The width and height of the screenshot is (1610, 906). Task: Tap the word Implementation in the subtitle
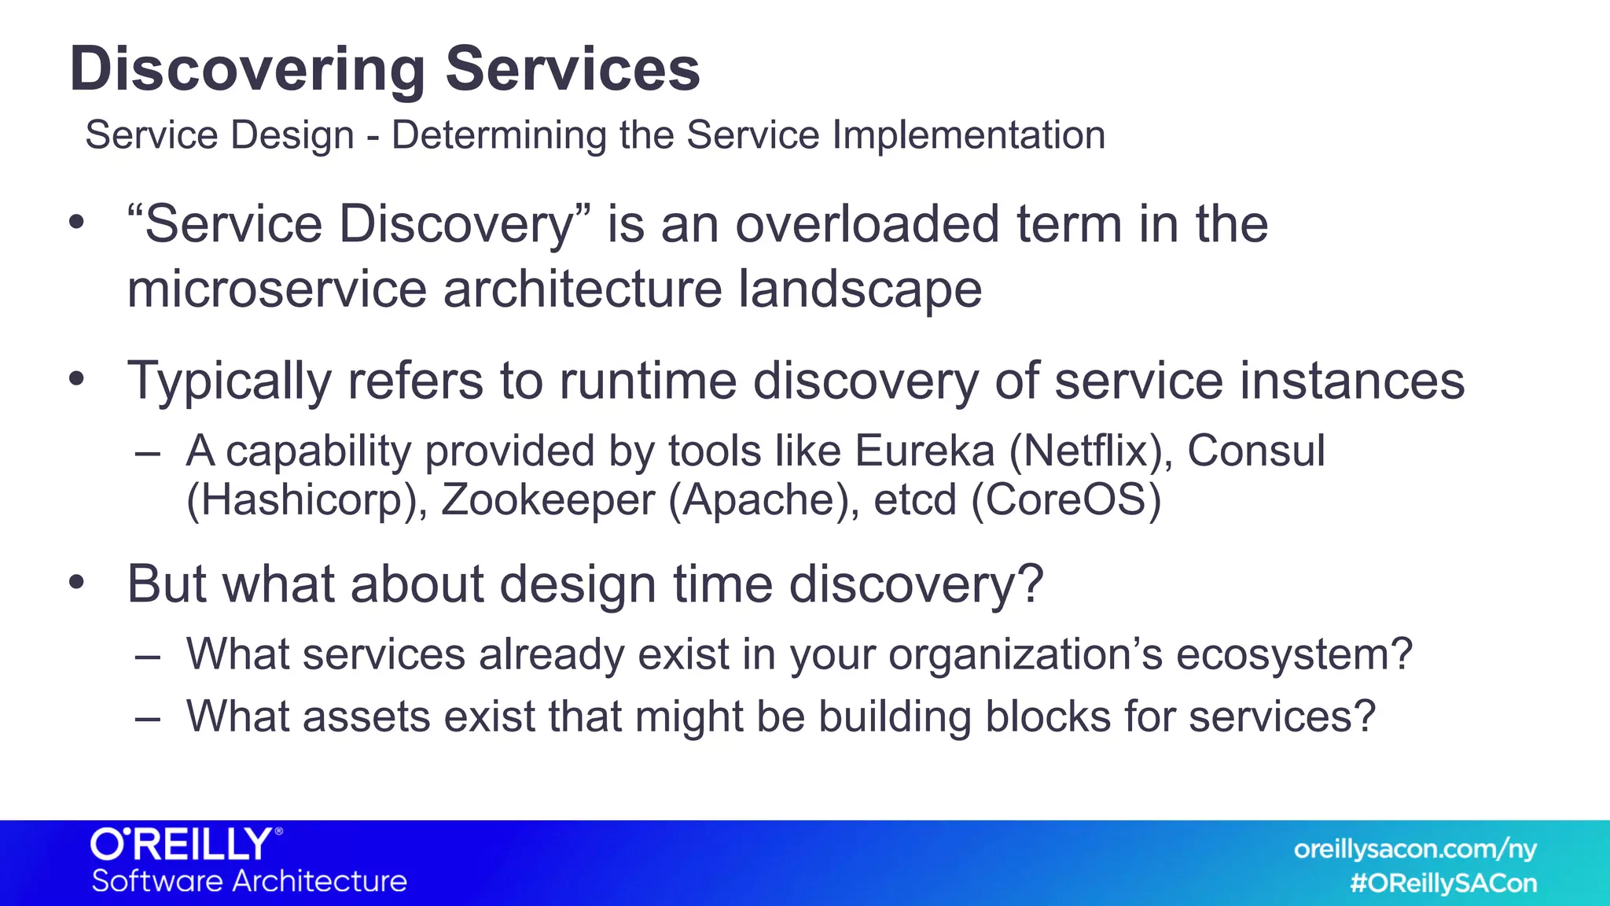click(969, 135)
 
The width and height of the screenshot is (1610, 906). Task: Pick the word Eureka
click(924, 451)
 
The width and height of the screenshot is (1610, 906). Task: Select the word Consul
click(1255, 451)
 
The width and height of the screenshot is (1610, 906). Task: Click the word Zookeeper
click(547, 501)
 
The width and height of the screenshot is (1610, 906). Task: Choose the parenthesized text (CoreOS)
click(1066, 501)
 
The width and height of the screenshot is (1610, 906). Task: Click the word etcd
click(914, 501)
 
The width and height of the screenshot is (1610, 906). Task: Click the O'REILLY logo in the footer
click(186, 845)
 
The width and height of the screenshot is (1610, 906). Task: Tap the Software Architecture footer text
click(249, 882)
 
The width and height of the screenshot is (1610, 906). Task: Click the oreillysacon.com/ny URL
click(1415, 849)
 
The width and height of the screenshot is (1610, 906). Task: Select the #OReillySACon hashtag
click(1443, 883)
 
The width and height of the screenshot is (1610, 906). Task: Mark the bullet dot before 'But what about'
click(76, 583)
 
